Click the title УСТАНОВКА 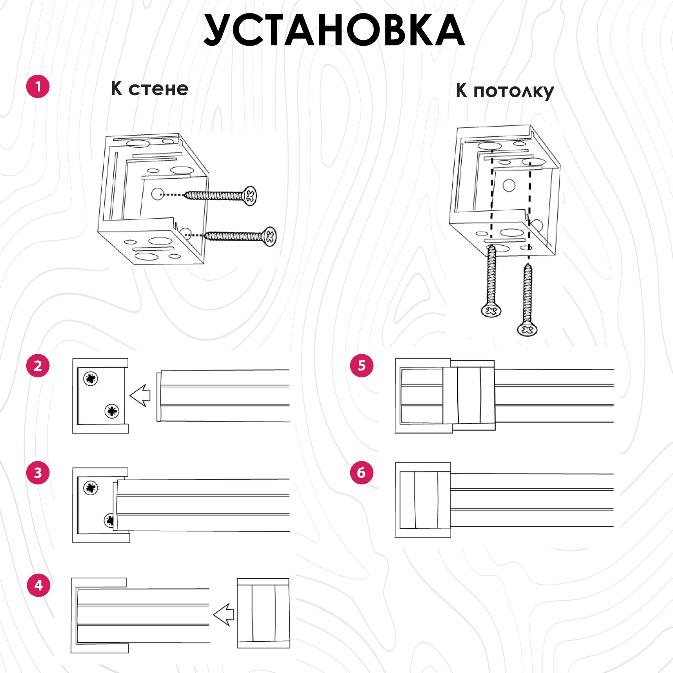(334, 31)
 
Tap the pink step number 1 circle (38, 86)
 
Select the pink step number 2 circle (38, 366)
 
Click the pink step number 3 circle (38, 473)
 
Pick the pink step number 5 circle (362, 366)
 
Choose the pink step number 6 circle (362, 473)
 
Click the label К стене (149, 89)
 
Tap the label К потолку (505, 91)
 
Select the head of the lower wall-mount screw (269, 237)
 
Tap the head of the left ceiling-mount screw (491, 310)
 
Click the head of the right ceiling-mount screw (527, 329)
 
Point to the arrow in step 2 (140, 395)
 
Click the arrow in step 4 (223, 614)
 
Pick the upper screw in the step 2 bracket (91, 379)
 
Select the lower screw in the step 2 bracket (112, 412)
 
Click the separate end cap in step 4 (263, 613)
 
